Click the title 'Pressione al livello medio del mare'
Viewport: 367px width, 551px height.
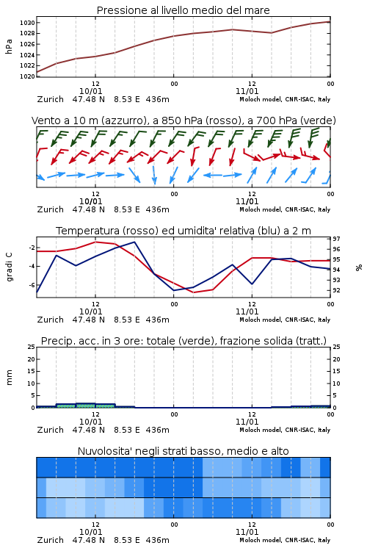pos(183,10)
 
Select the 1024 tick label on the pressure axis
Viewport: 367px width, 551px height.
pos(27,55)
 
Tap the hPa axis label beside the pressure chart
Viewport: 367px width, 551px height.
pos(9,46)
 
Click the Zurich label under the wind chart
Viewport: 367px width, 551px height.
pos(50,209)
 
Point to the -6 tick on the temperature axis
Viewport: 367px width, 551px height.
pos(32,285)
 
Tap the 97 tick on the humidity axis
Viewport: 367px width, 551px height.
pos(336,239)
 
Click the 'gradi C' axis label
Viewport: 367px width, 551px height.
pos(9,267)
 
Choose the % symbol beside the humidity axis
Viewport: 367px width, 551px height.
pos(359,267)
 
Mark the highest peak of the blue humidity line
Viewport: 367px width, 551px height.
pos(134,242)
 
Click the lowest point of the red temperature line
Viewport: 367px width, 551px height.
pos(194,292)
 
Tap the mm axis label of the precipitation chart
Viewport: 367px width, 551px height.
pos(9,378)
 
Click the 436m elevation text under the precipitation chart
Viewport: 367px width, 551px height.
pos(157,430)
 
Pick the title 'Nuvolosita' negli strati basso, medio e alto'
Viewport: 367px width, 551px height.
pos(183,451)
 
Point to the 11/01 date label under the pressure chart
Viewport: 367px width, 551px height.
pos(247,91)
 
